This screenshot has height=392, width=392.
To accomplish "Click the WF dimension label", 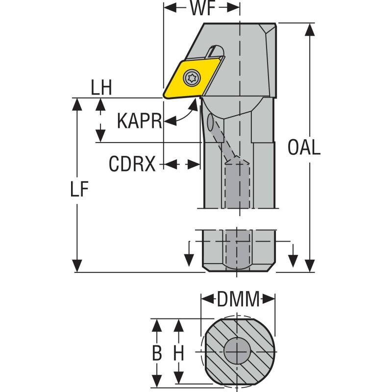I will (x=202, y=8).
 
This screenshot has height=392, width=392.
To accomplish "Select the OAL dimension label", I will (x=304, y=147).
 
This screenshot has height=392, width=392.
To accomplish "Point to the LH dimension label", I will (x=101, y=88).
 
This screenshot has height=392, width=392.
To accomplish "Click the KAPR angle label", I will (x=139, y=121).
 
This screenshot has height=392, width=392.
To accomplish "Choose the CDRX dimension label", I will (x=132, y=165).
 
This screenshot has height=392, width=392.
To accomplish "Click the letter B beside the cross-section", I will (x=156, y=353).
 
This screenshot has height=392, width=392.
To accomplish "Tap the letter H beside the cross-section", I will (x=179, y=353).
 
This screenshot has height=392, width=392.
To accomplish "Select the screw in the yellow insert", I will (x=192, y=77).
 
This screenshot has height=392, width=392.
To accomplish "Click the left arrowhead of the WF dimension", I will (x=168, y=8).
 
